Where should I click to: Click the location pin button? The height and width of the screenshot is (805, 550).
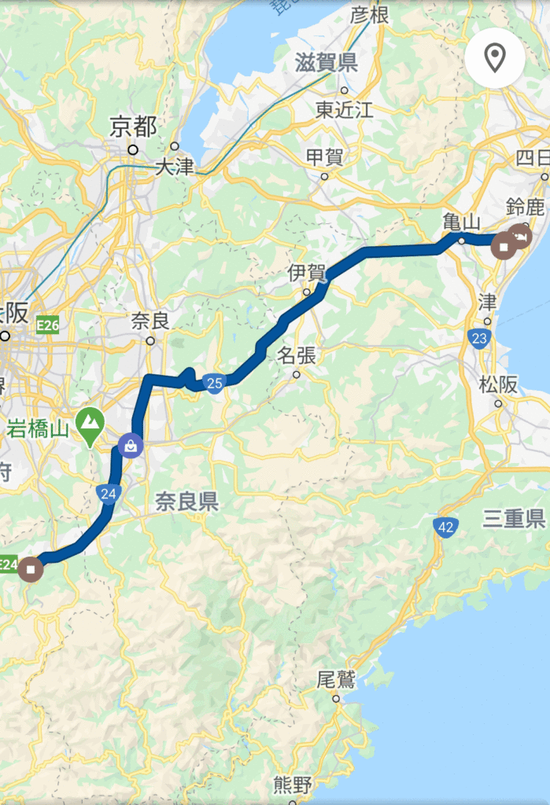(x=494, y=57)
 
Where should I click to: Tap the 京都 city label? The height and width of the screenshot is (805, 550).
(x=133, y=127)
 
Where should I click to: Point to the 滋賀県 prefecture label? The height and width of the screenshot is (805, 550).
(x=327, y=63)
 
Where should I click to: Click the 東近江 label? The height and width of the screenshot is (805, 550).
(x=344, y=109)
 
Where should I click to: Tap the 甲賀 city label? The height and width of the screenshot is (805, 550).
(x=323, y=156)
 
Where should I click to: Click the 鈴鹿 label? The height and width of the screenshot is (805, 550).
(x=526, y=208)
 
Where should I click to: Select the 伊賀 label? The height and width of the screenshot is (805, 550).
(x=306, y=273)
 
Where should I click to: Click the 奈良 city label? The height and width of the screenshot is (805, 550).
(x=150, y=321)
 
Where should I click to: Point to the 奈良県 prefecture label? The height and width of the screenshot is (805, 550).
(x=186, y=502)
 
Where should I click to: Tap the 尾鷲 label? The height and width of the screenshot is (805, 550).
(x=336, y=678)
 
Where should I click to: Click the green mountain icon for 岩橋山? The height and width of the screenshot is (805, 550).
(x=91, y=423)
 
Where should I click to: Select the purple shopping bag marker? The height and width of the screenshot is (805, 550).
(x=128, y=447)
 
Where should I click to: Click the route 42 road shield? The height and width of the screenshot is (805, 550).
(x=445, y=527)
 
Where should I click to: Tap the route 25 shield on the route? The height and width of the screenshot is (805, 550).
(x=213, y=383)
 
